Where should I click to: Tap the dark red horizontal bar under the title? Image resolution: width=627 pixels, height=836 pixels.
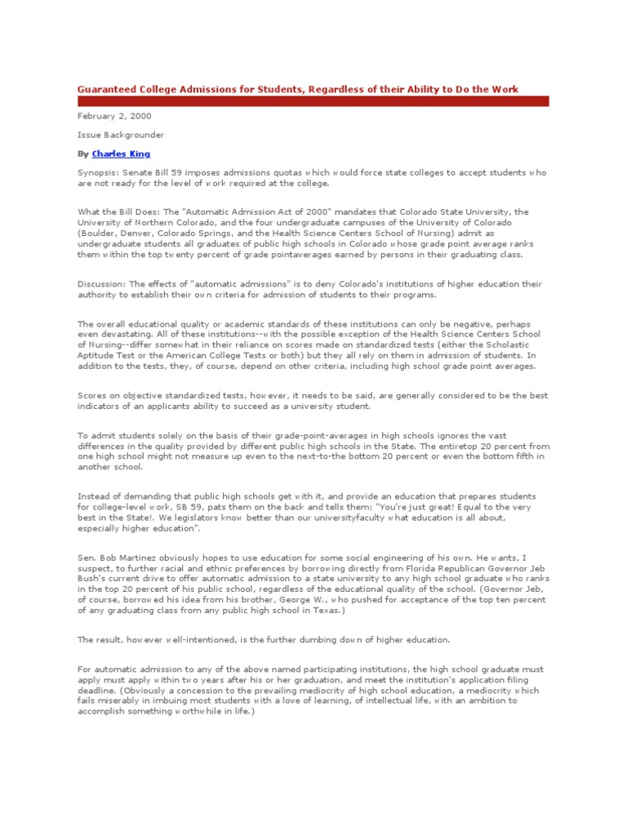[313, 101]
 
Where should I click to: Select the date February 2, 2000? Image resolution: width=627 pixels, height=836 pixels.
[104, 117]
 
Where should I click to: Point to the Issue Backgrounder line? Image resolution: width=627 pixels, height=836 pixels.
[109, 135]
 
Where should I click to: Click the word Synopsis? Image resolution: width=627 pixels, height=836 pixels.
[96, 174]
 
